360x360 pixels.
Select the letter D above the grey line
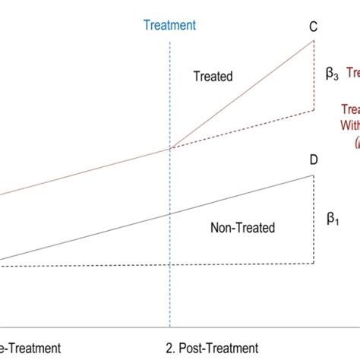[313, 160]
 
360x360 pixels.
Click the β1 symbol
[332, 219]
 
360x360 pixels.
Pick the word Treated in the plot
[213, 76]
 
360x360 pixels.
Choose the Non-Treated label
[242, 226]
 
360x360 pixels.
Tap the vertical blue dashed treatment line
[169, 289]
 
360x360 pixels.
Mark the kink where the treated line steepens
[169, 148]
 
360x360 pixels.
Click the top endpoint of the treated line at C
[313, 40]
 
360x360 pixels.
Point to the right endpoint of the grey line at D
[313, 175]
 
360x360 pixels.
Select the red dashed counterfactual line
[243, 129]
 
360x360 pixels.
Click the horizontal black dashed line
[152, 264]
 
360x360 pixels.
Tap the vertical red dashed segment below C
[313, 76]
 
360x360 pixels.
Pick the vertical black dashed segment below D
[313, 220]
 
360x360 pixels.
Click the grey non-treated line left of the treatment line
[84, 238]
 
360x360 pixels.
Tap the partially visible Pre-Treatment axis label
[30, 348]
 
